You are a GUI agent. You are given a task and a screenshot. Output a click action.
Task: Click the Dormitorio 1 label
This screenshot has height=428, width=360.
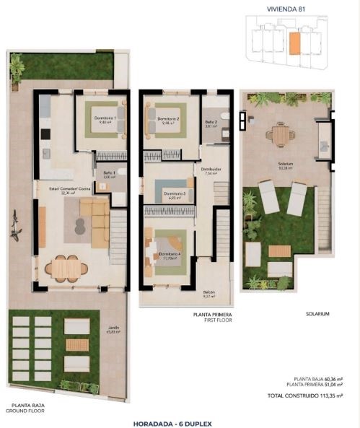107,118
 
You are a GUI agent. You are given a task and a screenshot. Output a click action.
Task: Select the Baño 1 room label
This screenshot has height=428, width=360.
110,173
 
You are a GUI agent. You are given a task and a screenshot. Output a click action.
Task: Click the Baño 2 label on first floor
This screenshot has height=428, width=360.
211,123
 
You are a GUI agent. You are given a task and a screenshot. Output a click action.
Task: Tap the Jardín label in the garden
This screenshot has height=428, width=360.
113,328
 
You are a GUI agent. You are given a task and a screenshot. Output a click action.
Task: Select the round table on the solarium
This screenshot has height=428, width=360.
280,134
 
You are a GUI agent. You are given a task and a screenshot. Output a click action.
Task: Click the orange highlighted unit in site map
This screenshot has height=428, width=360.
294,44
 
